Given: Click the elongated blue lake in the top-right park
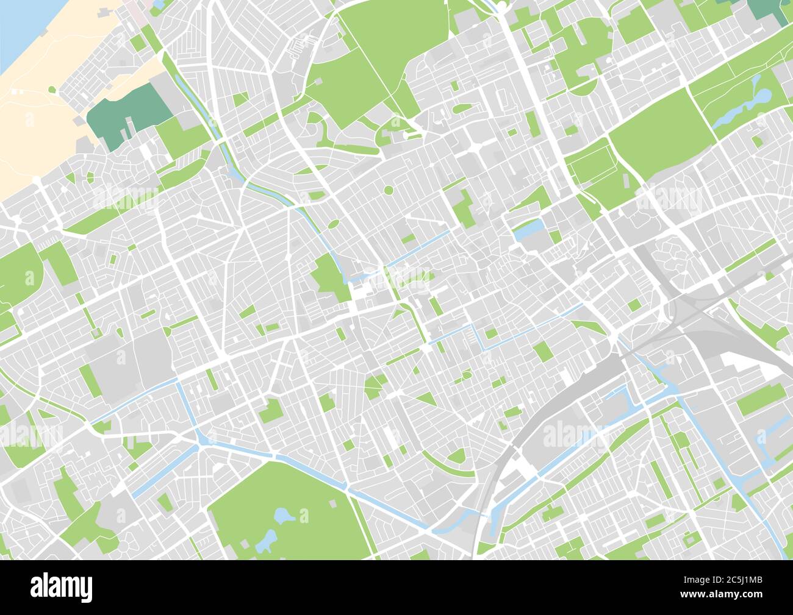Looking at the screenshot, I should coord(741,110).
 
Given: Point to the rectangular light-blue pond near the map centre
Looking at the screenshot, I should coord(528,229).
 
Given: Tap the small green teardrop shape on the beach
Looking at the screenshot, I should coord(51,91).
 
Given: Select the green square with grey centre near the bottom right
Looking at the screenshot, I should coord(689,539).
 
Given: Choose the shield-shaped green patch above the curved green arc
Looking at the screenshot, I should coord(456,456).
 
